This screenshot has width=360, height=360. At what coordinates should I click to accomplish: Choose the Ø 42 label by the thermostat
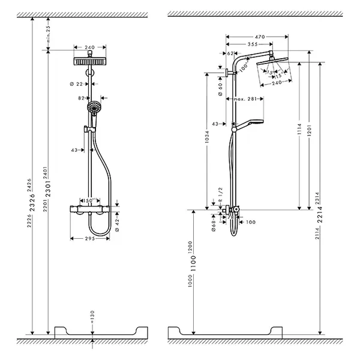point(118,221)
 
